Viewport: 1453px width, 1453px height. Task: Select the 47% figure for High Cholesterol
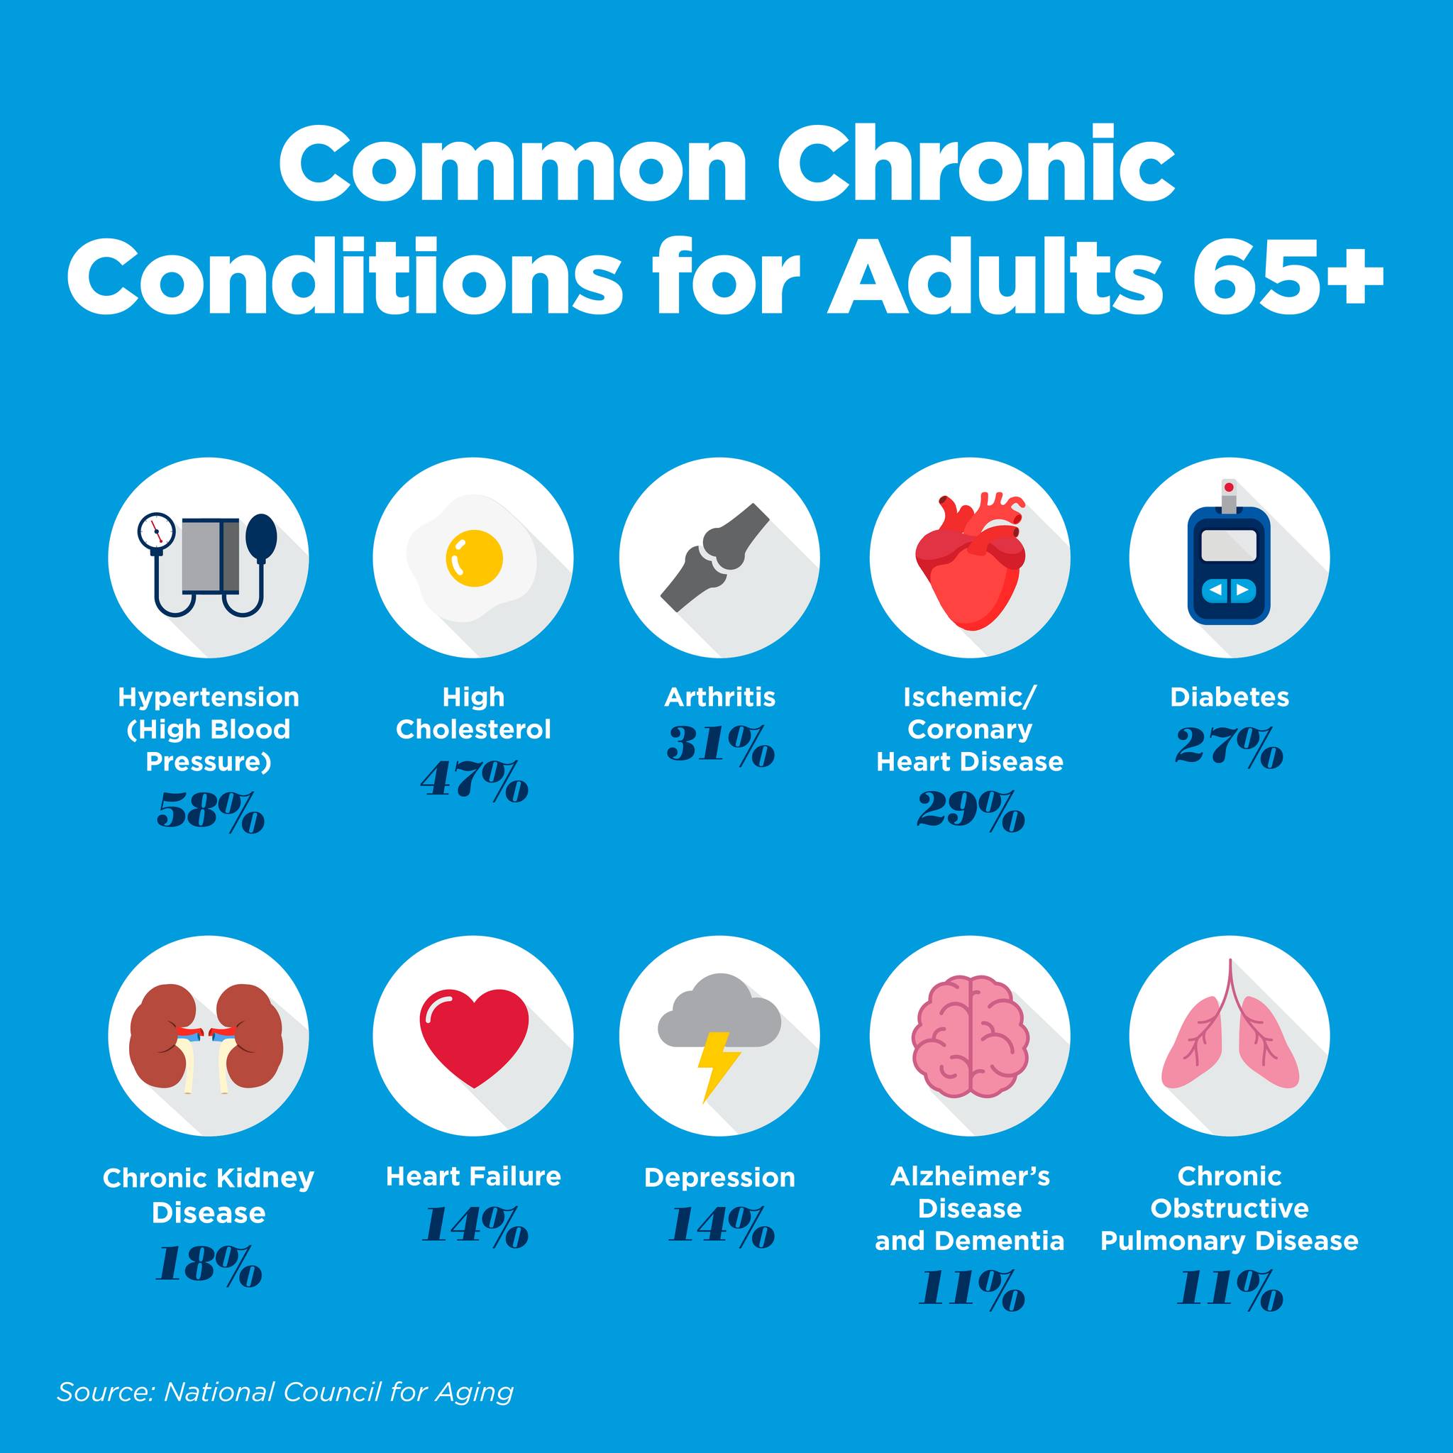pos(475,780)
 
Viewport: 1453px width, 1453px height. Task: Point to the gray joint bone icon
pos(715,557)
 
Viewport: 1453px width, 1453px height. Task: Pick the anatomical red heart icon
pos(970,560)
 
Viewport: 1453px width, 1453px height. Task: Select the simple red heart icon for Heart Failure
pos(474,1039)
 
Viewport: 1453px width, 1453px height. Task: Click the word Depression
pos(719,1177)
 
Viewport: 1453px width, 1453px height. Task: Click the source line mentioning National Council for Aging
pos(286,1391)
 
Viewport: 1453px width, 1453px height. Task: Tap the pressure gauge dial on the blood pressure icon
pos(156,531)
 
